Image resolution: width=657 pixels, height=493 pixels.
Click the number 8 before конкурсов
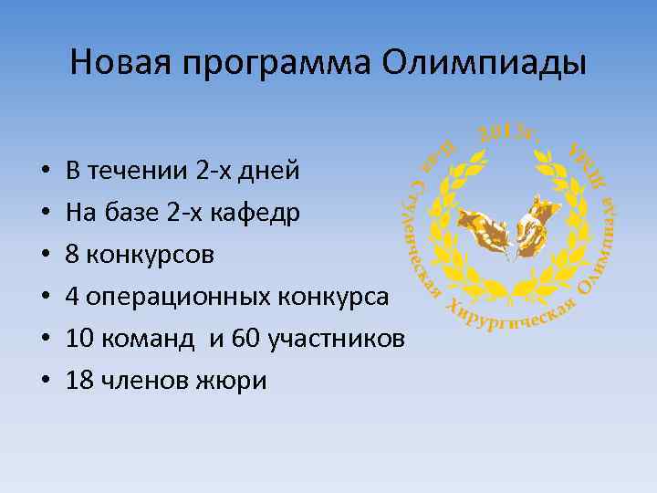coord(72,255)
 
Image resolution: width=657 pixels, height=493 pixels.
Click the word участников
coord(335,339)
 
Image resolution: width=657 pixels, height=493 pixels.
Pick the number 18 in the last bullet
coord(78,381)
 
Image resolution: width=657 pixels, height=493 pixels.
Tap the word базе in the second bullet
coord(138,213)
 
